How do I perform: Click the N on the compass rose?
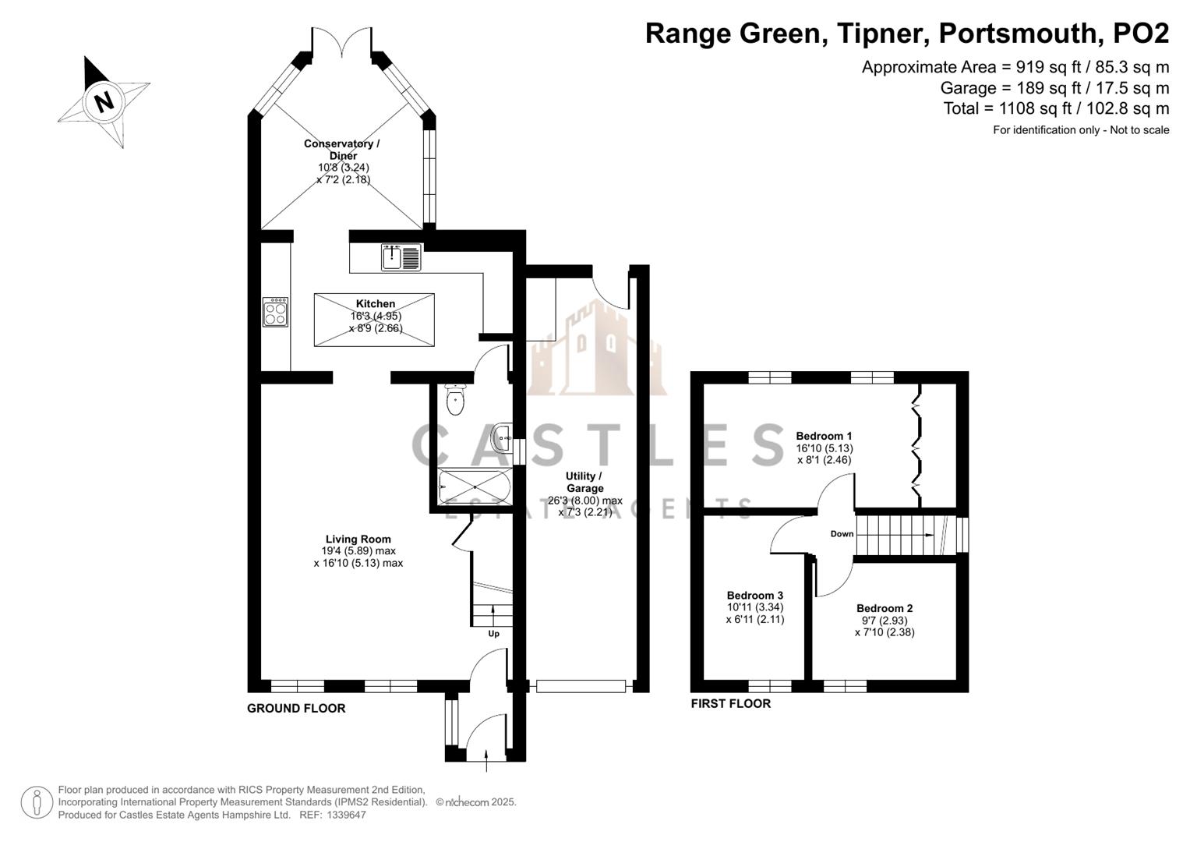[x=104, y=101]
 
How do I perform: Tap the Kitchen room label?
[x=376, y=304]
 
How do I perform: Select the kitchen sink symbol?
[x=401, y=257]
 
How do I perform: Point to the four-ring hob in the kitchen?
[x=275, y=312]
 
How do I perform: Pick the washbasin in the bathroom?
[x=502, y=437]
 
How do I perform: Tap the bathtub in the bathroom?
[x=475, y=486]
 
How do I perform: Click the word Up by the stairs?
[x=493, y=634]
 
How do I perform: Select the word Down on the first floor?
[x=842, y=534]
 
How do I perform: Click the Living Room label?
[x=358, y=539]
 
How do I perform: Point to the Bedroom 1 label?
[x=824, y=437]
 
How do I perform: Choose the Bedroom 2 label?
[x=885, y=608]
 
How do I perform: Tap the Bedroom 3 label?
[x=755, y=596]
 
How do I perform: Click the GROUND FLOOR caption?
[x=296, y=708]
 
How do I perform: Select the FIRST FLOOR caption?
[x=730, y=703]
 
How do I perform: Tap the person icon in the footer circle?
[x=37, y=802]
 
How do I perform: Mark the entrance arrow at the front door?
[x=486, y=760]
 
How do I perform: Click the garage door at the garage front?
[x=581, y=686]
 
